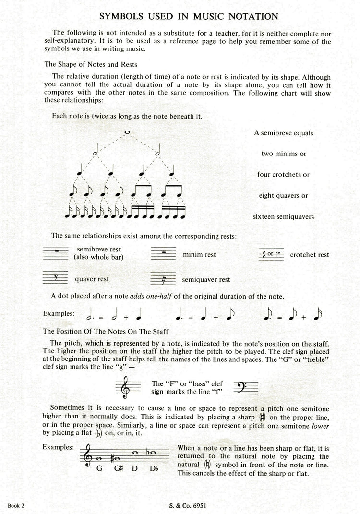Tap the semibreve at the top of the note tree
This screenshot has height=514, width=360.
click(127, 132)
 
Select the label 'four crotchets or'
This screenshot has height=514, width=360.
click(283, 175)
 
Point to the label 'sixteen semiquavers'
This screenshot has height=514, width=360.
click(284, 216)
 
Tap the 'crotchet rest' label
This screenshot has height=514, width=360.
click(310, 255)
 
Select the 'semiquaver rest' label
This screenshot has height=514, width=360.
click(206, 279)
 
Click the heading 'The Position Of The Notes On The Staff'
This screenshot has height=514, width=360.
click(108, 331)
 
